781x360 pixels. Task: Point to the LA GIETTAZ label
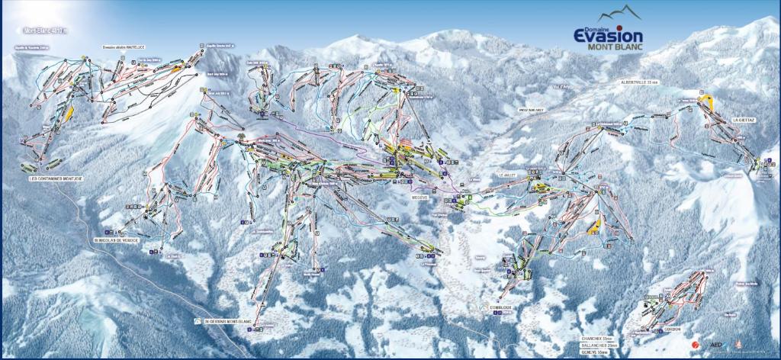(x=743, y=119)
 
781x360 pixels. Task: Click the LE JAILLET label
(x=508, y=175)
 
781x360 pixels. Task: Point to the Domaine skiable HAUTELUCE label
(x=124, y=47)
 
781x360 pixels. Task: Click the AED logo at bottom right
(x=715, y=345)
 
